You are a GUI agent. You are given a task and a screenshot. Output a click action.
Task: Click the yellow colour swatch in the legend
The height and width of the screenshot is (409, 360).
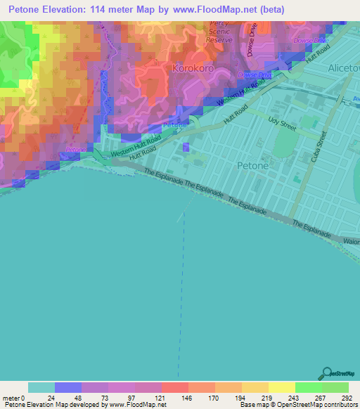(x=281, y=387)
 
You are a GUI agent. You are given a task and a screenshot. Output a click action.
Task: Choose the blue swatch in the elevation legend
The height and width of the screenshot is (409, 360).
(x=68, y=387)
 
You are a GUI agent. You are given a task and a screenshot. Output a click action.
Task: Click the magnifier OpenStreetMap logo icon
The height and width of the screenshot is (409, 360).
(x=328, y=373)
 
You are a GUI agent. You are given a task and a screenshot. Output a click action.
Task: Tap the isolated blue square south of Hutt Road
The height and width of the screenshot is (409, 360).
(x=186, y=148)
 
